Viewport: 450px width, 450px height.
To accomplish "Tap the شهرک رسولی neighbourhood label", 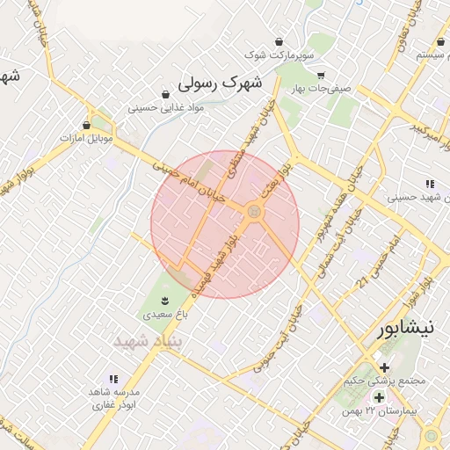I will [x=220, y=84].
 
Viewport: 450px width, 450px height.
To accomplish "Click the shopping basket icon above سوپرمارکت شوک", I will [x=279, y=41].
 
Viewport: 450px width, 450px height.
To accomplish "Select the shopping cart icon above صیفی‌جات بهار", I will [x=322, y=76].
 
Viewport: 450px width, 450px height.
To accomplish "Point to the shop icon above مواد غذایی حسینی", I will [x=165, y=95].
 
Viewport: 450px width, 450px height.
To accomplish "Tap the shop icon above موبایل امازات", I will [x=86, y=126].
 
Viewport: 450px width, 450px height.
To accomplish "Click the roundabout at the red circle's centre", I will [x=254, y=211].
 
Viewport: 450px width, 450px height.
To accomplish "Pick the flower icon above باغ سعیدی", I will [x=165, y=302].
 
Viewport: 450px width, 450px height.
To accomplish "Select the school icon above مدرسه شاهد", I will [x=114, y=379].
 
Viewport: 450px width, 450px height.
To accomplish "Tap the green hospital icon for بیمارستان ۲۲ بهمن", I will [x=379, y=398].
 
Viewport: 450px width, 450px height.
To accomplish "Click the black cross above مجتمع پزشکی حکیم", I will [x=384, y=367].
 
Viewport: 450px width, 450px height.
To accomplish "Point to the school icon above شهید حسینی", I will [x=430, y=184].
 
